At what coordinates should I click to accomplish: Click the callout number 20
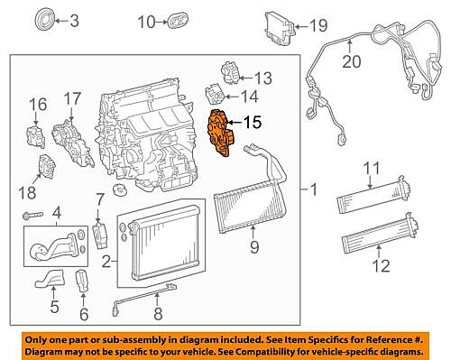(x=350, y=61)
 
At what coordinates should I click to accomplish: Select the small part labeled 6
(x=82, y=281)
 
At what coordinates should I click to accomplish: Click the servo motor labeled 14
(x=215, y=92)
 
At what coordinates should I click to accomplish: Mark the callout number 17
(x=71, y=97)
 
